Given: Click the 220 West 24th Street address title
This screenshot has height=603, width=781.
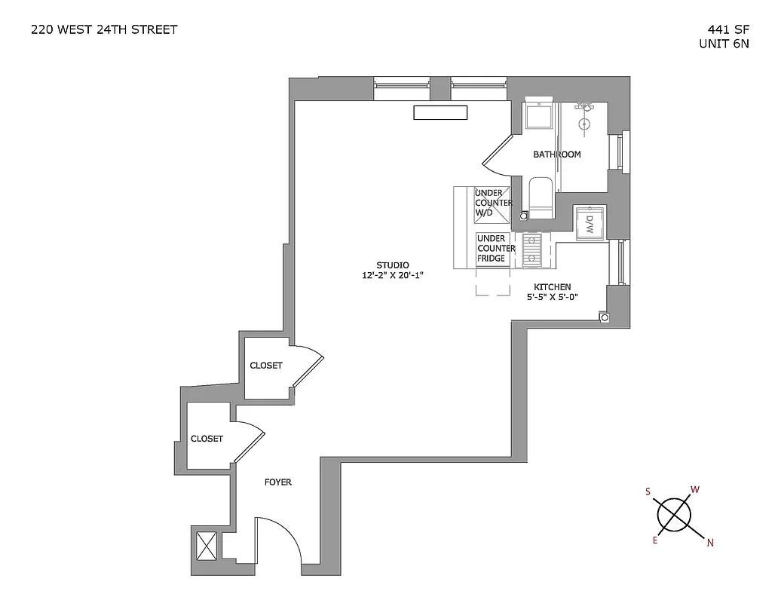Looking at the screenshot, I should click(104, 30).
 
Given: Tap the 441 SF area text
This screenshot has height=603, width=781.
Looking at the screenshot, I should click(723, 30).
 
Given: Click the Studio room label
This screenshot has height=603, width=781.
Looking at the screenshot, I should click(393, 265).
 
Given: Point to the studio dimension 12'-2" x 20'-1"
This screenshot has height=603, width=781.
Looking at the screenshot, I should click(393, 276).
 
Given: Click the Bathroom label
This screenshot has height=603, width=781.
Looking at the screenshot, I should click(557, 155).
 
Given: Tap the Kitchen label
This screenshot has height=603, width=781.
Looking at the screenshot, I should click(552, 287).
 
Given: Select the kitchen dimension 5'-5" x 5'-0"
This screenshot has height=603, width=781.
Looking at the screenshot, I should click(552, 298).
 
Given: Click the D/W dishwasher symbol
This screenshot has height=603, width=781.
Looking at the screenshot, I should click(590, 223).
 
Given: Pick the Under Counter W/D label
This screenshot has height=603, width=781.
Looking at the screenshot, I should click(493, 204).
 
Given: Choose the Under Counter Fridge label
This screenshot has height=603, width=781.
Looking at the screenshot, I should click(496, 249).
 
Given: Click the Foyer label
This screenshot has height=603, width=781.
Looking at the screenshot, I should click(277, 482).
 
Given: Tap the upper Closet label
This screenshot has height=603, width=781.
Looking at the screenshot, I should click(266, 366).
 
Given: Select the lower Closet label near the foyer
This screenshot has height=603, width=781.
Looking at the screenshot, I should click(207, 439).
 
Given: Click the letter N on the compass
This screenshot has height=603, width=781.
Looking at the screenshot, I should click(710, 541).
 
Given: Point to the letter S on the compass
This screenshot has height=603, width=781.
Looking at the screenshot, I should click(648, 491).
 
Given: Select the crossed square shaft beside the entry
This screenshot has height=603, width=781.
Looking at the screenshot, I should click(206, 544).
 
